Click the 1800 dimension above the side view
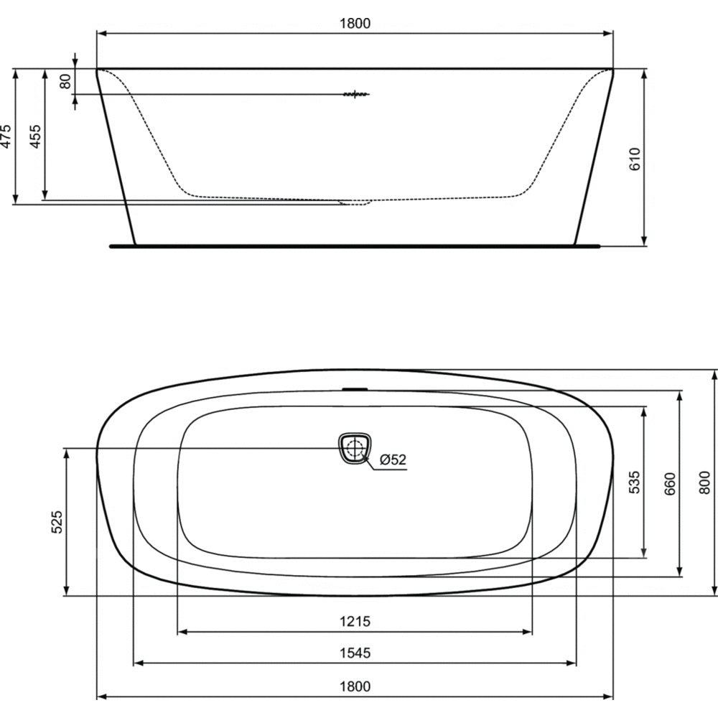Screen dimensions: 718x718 [355, 24]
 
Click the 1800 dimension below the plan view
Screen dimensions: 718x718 [355, 686]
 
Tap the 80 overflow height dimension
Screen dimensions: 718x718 [66, 82]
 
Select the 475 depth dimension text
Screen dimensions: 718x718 [6, 136]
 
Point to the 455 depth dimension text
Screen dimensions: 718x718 [35, 136]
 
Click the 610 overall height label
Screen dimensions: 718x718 [635, 159]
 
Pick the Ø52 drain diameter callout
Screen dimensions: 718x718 [393, 460]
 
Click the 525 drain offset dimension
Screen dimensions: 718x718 [57, 522]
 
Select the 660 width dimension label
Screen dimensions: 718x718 [669, 483]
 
